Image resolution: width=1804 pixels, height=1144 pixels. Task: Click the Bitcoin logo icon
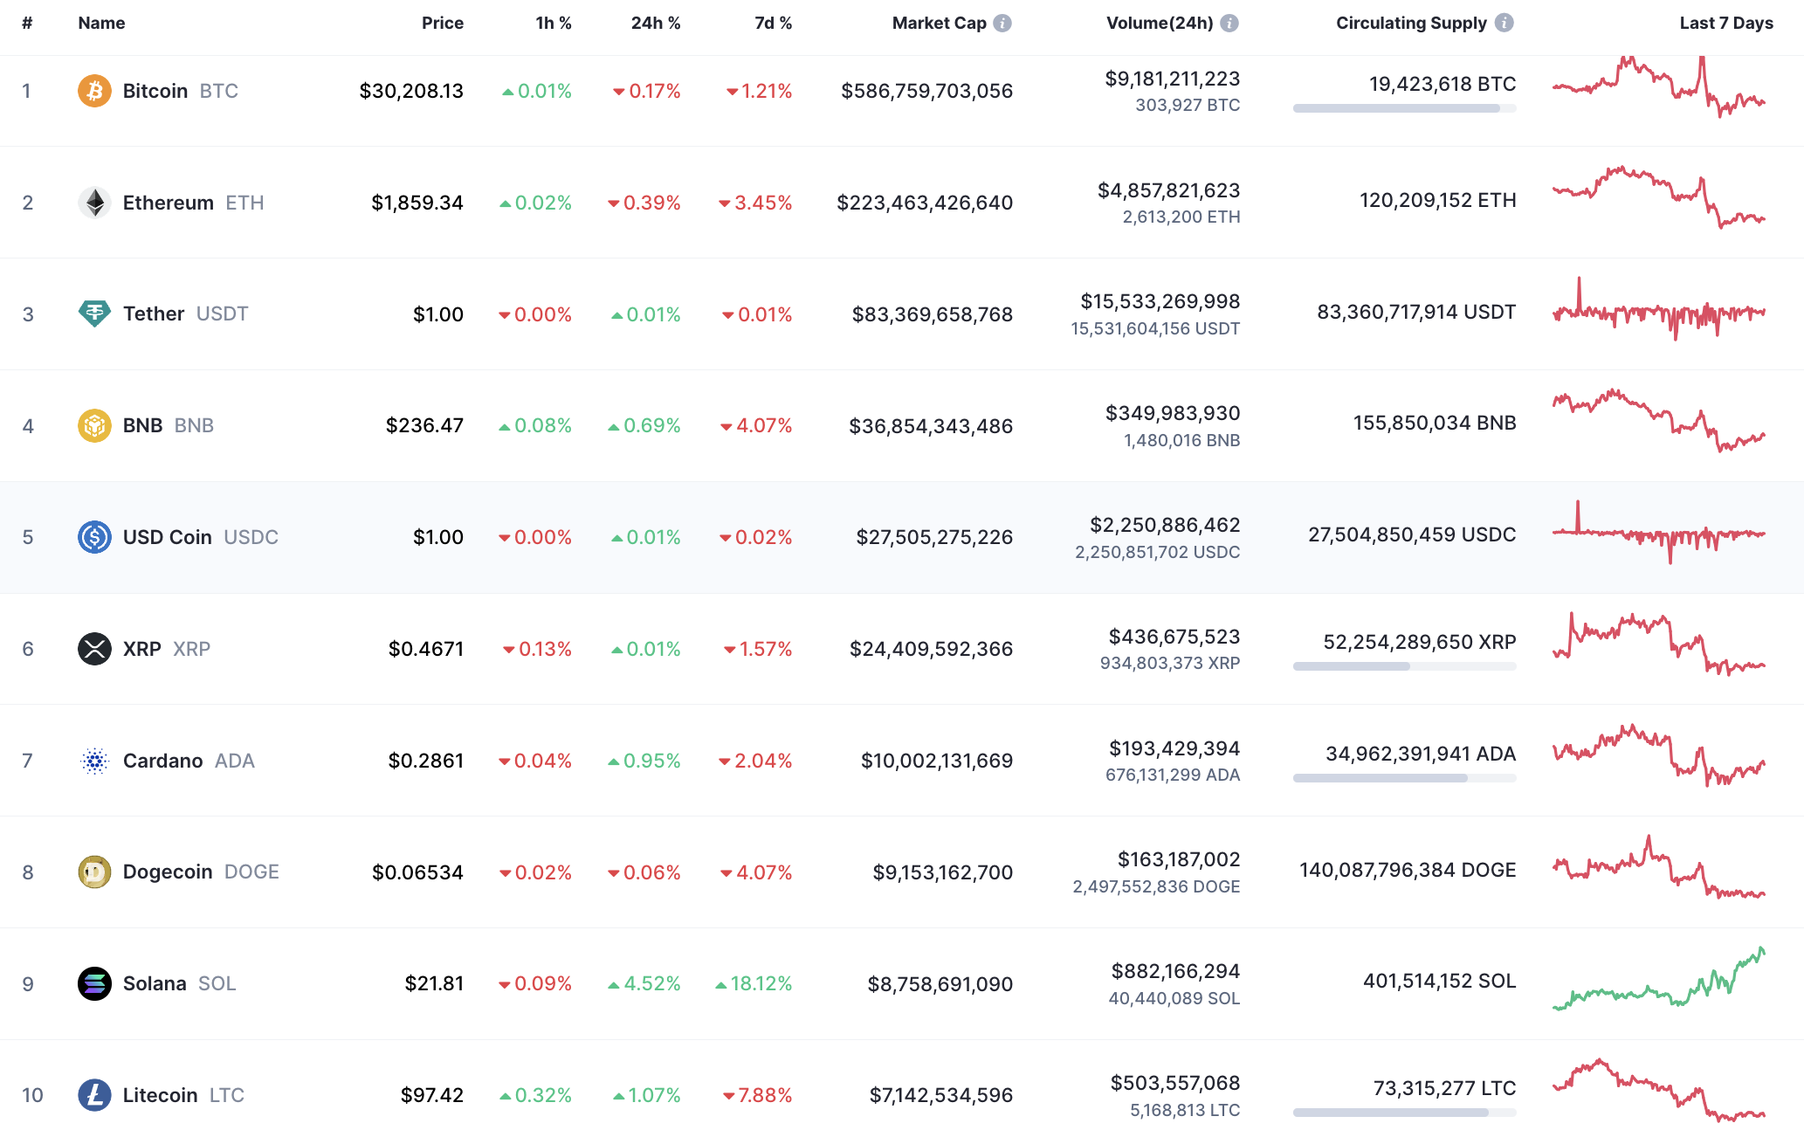[94, 91]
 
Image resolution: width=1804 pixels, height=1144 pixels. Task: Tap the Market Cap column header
[939, 24]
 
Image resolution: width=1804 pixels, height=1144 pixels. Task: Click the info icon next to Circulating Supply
[1504, 24]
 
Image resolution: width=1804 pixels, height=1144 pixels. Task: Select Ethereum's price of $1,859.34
[417, 203]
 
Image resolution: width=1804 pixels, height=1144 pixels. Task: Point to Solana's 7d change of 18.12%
[754, 984]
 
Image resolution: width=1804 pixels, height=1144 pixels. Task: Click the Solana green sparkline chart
[1659, 979]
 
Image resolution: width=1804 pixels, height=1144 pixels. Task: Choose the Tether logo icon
[94, 314]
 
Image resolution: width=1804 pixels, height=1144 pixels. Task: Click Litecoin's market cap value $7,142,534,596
[941, 1095]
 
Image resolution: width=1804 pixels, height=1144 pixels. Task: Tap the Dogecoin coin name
[168, 872]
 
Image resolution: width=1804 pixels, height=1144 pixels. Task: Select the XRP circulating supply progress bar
[1404, 666]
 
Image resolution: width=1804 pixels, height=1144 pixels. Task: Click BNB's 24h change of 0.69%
[644, 426]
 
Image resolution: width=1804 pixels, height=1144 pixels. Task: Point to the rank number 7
[28, 761]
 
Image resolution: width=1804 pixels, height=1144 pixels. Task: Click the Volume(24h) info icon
[1229, 24]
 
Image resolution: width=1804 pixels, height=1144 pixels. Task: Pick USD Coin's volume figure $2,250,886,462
[1165, 525]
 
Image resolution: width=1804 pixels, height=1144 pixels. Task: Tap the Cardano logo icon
[94, 761]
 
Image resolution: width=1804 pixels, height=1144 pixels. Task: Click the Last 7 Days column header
[1726, 24]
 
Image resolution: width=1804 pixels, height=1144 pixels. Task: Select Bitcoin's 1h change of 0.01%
[537, 91]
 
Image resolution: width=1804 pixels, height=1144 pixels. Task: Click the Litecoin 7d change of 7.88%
[758, 1095]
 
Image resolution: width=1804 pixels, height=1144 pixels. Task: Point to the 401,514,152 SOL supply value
[1439, 982]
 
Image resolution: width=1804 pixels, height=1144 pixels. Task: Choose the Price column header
[443, 24]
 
